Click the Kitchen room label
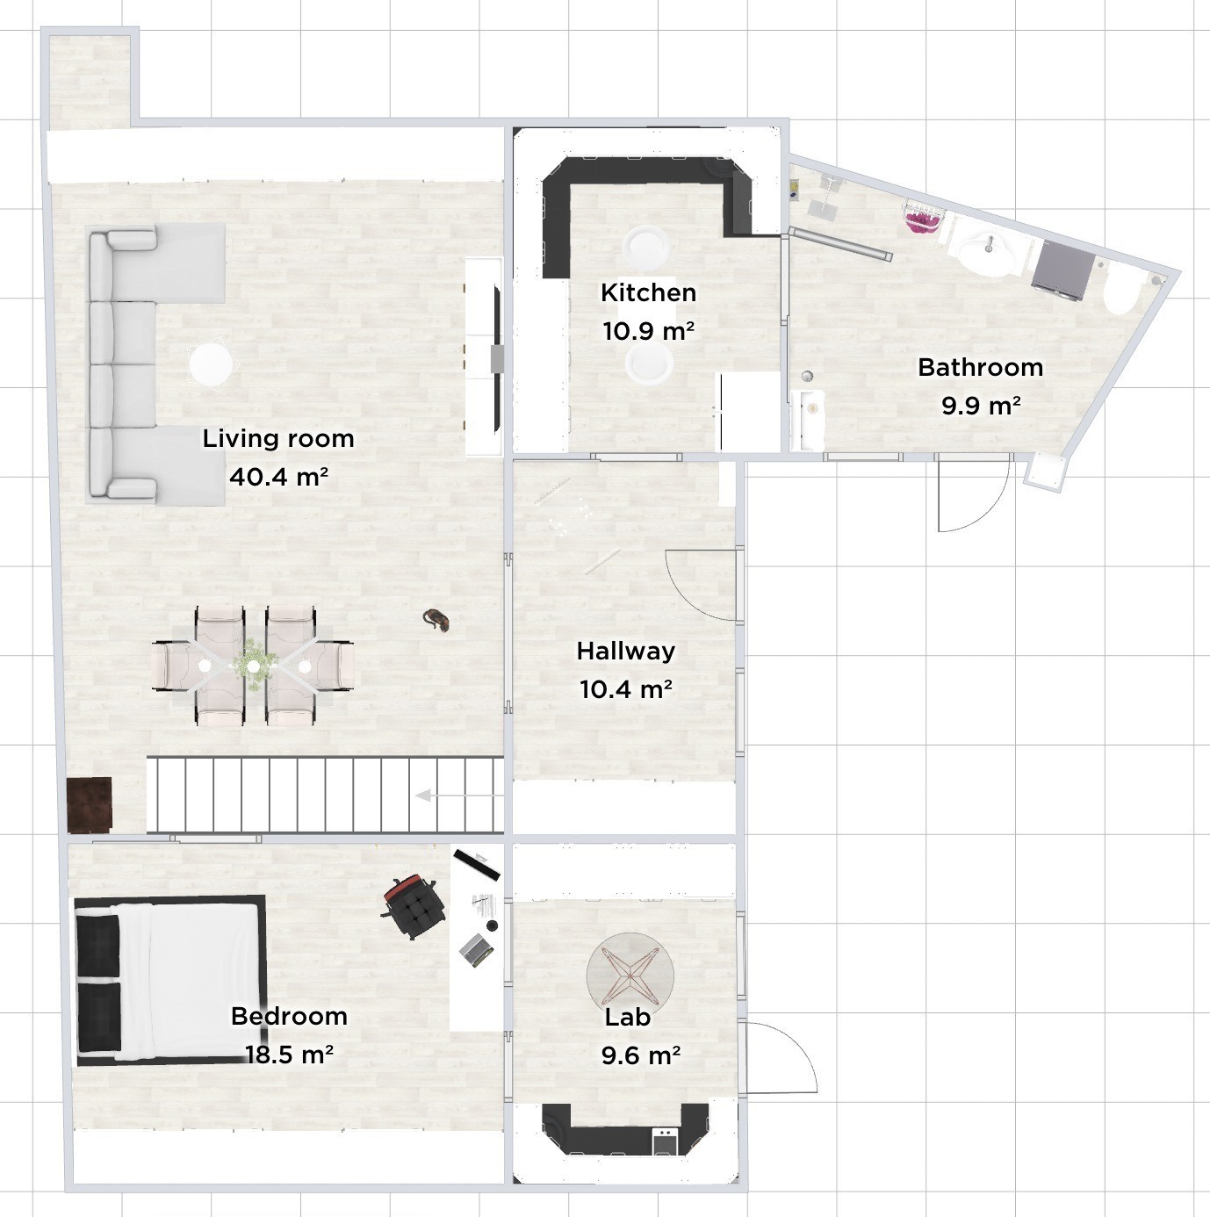pos(648,293)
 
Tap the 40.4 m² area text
pos(278,477)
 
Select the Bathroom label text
pos(980,368)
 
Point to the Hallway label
pos(625,652)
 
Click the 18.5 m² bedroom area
pos(289,1054)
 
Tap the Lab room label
pos(628,1017)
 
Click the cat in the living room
pos(436,620)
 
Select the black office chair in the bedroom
pos(414,906)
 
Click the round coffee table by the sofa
pos(211,364)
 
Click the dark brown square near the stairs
pos(90,804)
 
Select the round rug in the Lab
pos(630,976)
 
